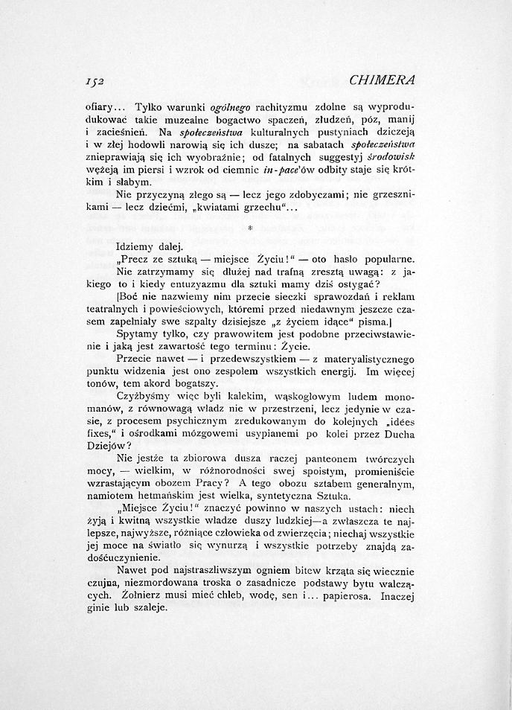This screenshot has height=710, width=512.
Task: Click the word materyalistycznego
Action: coord(360,359)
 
